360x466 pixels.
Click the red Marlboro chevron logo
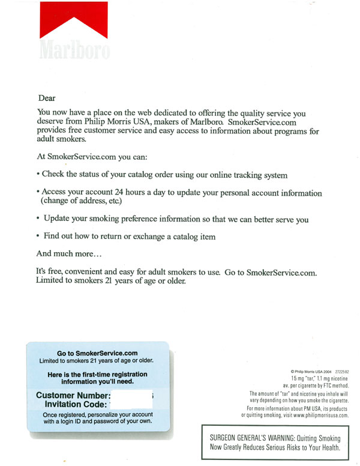click(74, 21)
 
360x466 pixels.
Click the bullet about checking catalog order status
click(162, 175)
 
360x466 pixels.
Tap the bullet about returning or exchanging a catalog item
click(126, 237)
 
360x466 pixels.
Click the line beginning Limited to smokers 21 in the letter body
click(111, 280)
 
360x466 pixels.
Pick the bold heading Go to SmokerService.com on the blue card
click(97, 353)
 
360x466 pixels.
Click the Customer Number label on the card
click(73, 396)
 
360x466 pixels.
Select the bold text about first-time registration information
click(97, 378)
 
